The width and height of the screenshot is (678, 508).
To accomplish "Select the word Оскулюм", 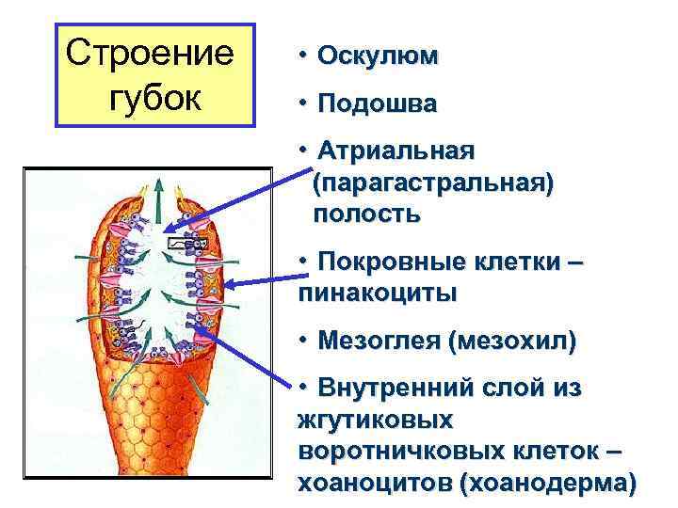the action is point(378,56).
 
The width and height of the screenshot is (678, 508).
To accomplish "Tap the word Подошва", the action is point(378,103).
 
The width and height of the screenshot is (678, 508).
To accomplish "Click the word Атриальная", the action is point(396,151).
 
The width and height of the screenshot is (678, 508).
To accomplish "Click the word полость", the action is point(368,214).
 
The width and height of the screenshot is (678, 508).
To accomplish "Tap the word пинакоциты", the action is point(379,293).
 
